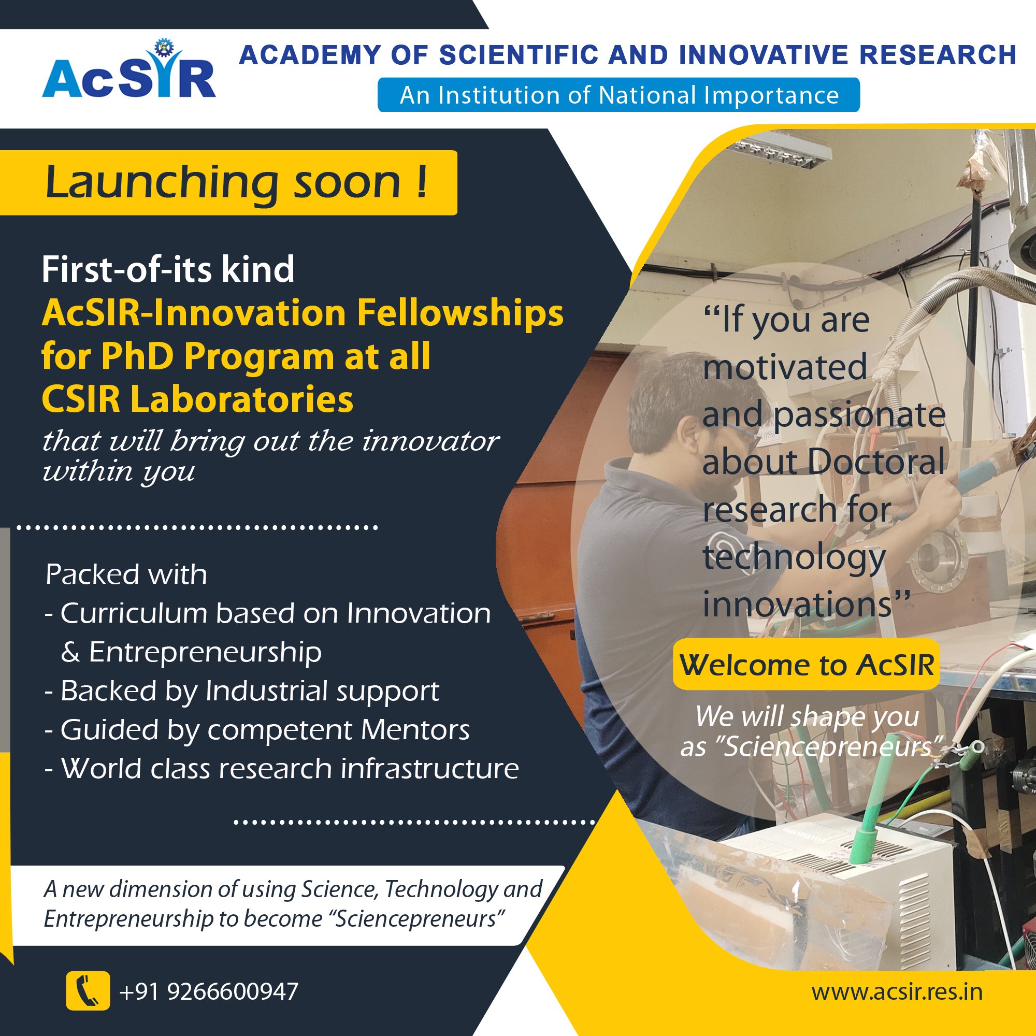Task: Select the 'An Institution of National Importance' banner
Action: point(618,95)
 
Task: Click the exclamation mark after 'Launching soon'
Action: point(422,182)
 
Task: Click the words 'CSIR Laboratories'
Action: point(197,399)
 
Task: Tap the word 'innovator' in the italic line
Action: point(430,441)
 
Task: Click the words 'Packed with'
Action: point(126,574)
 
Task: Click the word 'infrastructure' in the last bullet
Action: point(429,768)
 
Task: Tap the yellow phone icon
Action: point(88,990)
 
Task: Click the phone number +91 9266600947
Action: point(209,991)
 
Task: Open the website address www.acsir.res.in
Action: point(897,991)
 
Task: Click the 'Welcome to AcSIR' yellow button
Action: point(807,665)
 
